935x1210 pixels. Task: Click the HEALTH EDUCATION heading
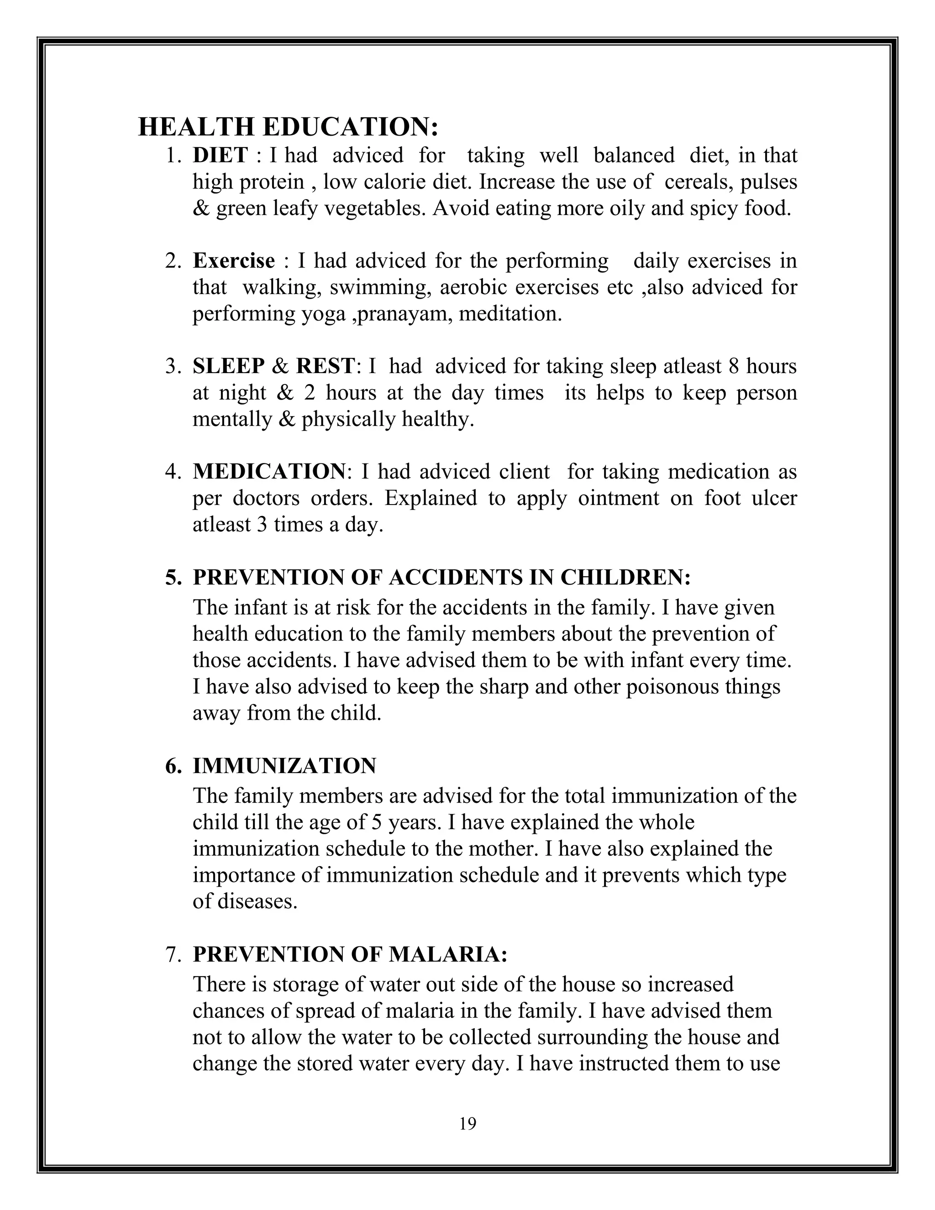(x=288, y=127)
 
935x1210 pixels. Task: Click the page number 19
(x=467, y=1124)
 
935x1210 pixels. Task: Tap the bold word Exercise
(x=233, y=260)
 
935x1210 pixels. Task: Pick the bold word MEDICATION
(x=268, y=472)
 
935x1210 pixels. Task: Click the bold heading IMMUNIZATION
(x=284, y=766)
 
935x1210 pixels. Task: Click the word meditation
(x=510, y=314)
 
